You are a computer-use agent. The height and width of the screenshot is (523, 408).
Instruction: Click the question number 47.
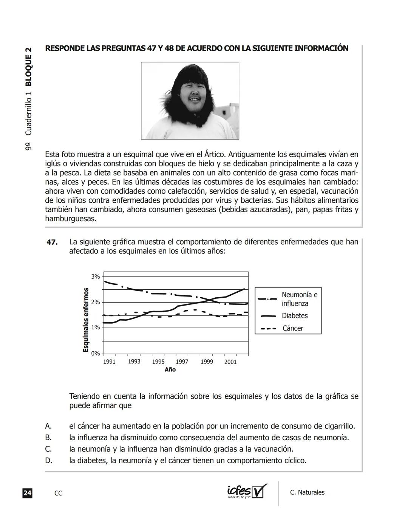52,242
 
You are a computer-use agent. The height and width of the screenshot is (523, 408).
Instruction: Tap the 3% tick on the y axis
95,276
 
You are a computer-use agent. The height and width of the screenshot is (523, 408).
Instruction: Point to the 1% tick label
95,327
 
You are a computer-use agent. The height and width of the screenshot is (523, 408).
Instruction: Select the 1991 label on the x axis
109,362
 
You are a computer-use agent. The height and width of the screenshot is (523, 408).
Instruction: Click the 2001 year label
230,362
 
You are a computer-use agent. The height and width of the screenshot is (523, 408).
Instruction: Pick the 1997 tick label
182,362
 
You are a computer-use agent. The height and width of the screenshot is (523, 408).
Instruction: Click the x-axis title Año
170,369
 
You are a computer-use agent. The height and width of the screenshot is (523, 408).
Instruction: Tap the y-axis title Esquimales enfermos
86,320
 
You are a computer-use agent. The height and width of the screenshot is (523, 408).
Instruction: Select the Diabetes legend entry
295,316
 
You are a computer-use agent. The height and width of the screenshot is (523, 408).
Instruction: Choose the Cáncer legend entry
293,328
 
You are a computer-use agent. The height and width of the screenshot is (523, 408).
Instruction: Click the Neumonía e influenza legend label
300,299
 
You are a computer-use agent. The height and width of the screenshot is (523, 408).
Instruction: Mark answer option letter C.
48,449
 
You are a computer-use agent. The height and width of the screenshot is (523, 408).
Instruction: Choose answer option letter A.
48,426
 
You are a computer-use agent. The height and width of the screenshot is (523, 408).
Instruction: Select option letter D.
48,461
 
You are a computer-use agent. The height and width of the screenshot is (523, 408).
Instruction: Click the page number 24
27,493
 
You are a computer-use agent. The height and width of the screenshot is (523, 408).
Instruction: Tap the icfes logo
247,491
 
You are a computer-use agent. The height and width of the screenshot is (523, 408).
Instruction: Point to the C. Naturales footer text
307,492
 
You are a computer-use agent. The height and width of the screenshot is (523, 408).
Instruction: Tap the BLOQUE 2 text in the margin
29,67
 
